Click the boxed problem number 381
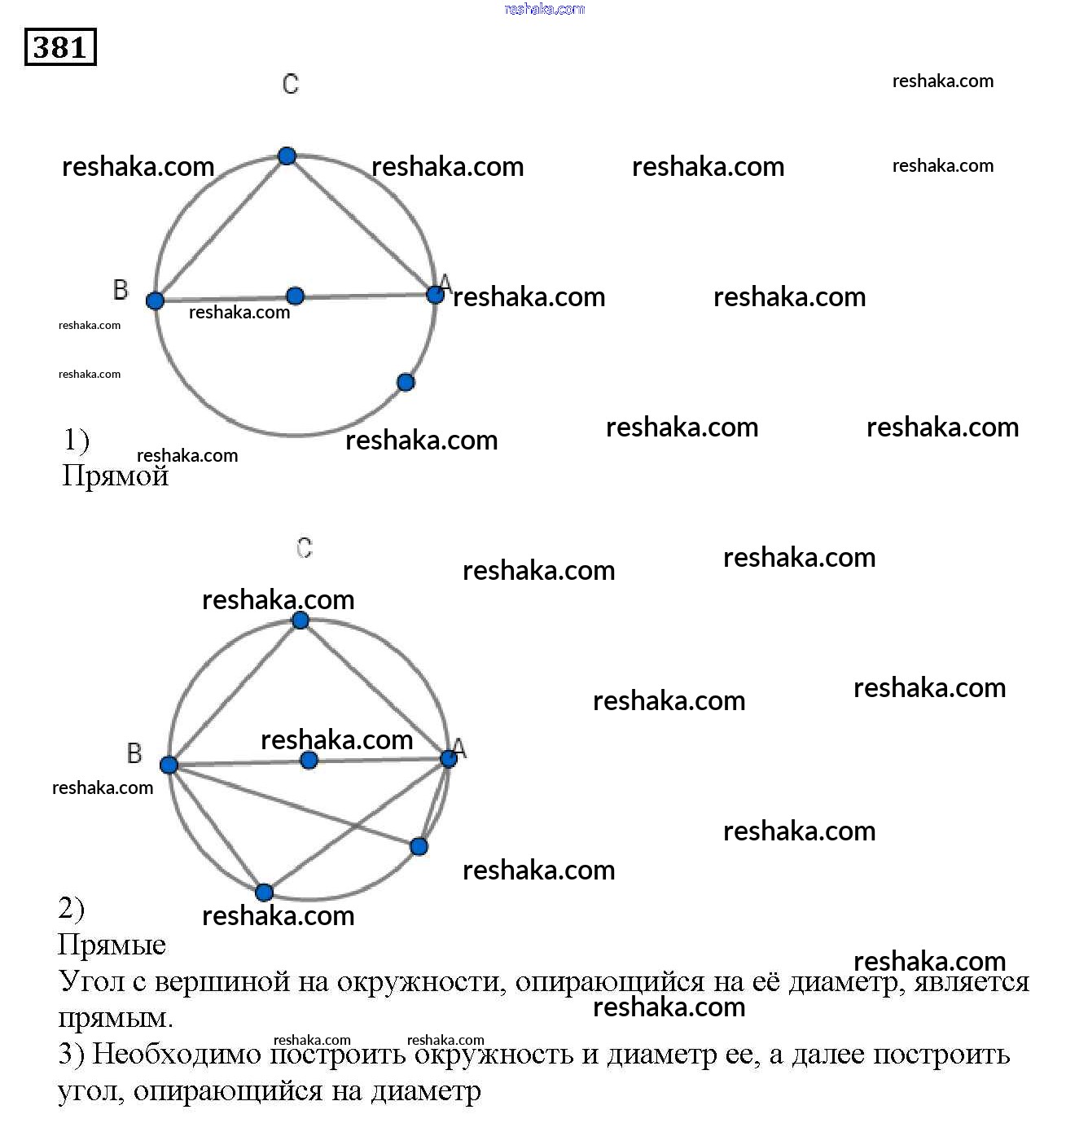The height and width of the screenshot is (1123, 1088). [x=60, y=46]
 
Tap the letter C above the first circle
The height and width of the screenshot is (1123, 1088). [x=291, y=84]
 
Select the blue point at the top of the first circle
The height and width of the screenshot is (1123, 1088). [x=287, y=156]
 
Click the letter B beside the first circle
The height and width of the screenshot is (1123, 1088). [x=121, y=289]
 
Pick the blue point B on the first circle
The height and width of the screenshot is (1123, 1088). [x=155, y=300]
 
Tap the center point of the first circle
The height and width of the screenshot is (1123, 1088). [x=296, y=296]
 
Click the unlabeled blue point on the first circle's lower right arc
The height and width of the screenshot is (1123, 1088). [x=406, y=382]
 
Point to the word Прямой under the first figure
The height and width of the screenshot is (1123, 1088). [x=115, y=476]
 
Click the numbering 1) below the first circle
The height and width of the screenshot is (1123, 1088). [x=77, y=440]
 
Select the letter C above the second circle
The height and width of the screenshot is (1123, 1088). [x=305, y=548]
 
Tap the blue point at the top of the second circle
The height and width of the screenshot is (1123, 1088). [x=301, y=621]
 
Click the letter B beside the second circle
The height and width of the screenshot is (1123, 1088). [x=134, y=753]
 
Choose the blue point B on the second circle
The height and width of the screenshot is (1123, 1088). [x=169, y=765]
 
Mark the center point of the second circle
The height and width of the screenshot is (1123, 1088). [x=309, y=760]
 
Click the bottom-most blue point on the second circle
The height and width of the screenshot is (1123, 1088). [x=264, y=893]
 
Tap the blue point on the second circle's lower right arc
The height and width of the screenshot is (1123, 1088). [x=419, y=846]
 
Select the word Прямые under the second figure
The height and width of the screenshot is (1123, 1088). [x=112, y=945]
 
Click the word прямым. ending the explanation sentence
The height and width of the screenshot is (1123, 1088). [x=115, y=1018]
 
